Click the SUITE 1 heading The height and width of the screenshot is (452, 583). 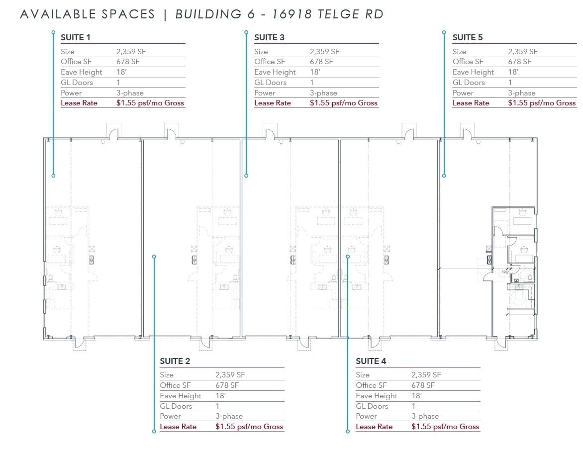tap(75, 37)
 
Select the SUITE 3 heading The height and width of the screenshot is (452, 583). tap(269, 37)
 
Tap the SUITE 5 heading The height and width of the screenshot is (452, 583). tap(467, 37)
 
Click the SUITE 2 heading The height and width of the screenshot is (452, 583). tap(175, 361)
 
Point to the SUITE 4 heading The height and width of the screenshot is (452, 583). tap(371, 361)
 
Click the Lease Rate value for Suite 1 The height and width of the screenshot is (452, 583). tap(150, 103)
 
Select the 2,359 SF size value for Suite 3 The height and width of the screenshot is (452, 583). tap(324, 52)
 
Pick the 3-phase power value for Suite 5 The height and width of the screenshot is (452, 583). tap(521, 93)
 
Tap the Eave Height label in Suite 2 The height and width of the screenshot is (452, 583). tap(181, 396)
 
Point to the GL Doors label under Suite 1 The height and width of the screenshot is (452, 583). tap(77, 83)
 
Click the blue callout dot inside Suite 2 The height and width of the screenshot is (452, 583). tap(154, 257)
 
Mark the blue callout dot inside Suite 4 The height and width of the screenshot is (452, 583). tap(348, 257)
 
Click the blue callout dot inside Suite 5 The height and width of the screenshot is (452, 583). tap(444, 176)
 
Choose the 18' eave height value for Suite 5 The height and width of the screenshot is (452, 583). tap(512, 72)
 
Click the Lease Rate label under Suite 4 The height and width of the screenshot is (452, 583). tap(374, 427)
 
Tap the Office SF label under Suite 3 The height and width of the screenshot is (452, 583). tap(269, 62)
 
